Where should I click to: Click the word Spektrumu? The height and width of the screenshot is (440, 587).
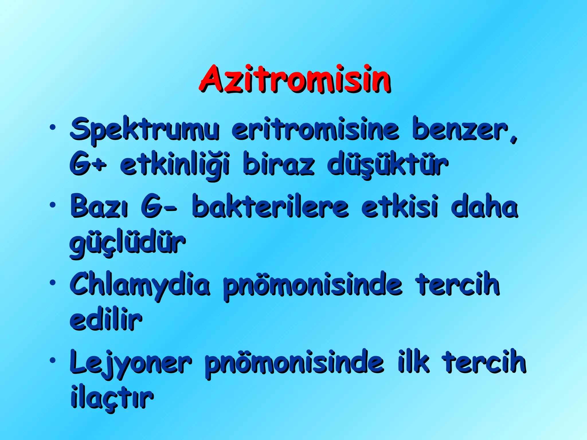coord(145,130)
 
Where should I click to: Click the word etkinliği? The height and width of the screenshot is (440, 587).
coord(175,165)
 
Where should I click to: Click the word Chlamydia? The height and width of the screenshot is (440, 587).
coord(140,285)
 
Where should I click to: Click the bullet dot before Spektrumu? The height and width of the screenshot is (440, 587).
coord(52,127)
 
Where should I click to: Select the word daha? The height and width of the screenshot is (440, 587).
coord(484,206)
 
